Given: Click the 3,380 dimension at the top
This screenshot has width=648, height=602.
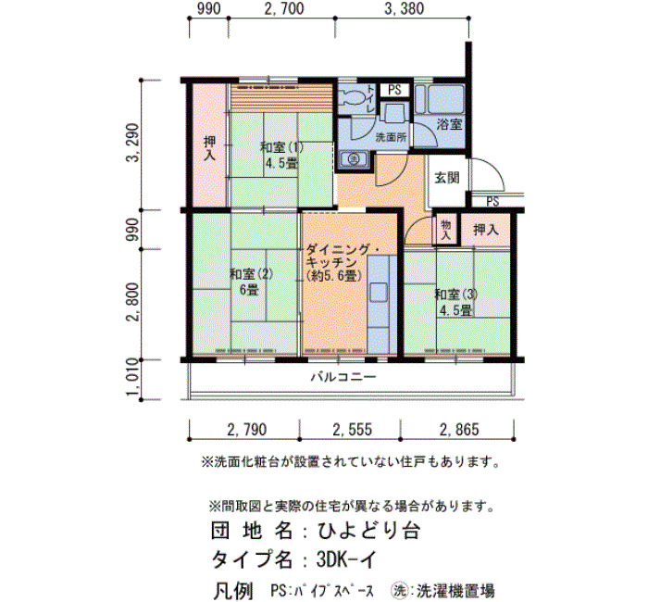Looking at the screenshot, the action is [404, 8].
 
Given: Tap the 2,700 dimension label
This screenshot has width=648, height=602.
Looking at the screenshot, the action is [284, 8].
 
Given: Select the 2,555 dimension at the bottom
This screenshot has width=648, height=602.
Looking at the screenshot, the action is [352, 430].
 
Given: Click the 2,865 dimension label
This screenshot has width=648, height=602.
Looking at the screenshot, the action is [459, 430].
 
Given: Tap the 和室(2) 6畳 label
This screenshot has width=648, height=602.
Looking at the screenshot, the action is [251, 282].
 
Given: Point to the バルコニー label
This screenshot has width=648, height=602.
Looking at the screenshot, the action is [343, 377].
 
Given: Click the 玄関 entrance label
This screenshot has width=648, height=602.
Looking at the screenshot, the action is [447, 178].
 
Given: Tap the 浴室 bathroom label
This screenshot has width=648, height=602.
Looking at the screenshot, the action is [449, 124].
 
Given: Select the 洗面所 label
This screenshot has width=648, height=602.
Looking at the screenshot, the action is [391, 138].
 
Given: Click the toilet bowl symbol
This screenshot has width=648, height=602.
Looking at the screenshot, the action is [351, 97].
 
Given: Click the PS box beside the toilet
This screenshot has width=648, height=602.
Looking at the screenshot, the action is [394, 90].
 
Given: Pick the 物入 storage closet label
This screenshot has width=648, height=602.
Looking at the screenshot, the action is [445, 230].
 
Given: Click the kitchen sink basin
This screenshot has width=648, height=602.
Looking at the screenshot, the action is [378, 293].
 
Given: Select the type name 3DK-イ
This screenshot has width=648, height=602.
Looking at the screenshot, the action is [347, 559].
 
